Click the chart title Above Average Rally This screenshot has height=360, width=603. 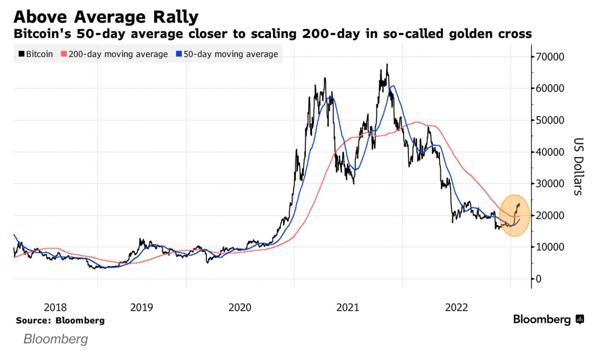(x=106, y=17)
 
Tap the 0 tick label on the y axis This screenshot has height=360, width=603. (x=538, y=279)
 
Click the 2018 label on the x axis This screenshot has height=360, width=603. (x=55, y=307)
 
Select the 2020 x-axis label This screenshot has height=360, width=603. (x=240, y=307)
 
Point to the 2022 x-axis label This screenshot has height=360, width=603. (x=457, y=307)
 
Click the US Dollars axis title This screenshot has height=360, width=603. (x=577, y=166)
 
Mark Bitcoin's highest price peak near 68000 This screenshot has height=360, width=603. (x=387, y=65)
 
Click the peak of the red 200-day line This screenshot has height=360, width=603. (x=416, y=122)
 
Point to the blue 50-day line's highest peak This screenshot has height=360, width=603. (x=392, y=86)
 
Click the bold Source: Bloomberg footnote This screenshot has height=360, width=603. (x=60, y=320)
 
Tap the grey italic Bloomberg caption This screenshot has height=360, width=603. (x=55, y=340)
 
